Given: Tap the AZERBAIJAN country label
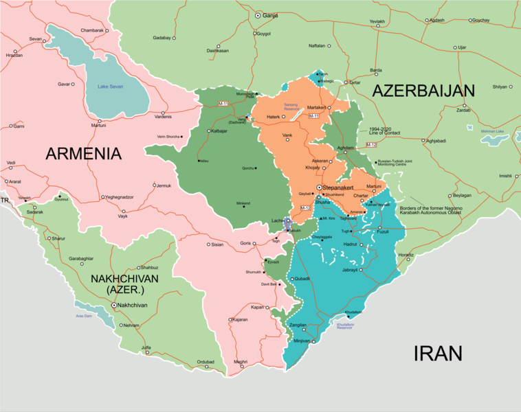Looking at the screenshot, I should [423, 91].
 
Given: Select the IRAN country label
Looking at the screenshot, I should [437, 354].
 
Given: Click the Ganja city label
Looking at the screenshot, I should [271, 14].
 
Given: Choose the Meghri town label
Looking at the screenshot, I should [240, 362].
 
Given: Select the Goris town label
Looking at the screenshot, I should [245, 244].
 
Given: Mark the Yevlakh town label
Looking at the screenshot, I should [377, 22].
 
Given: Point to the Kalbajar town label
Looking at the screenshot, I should [219, 130].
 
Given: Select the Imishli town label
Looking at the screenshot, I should [506, 176].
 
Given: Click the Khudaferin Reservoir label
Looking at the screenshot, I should [341, 326].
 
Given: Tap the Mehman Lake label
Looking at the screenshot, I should [492, 131].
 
